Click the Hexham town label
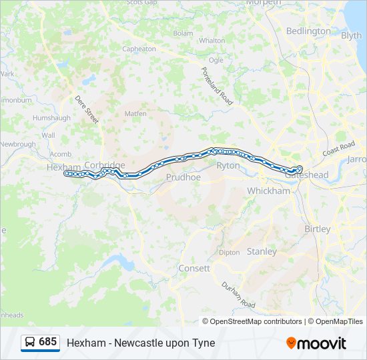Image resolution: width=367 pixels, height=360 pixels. [x=63, y=167]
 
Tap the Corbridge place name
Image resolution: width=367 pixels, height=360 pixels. [x=105, y=165]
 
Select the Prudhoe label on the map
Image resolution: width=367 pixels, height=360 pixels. [x=183, y=177]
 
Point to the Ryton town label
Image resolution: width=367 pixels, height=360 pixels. [x=228, y=165]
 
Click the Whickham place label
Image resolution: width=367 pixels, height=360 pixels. [x=269, y=191]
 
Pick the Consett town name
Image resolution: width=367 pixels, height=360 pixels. [x=194, y=268]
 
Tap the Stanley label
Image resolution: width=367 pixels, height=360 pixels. [x=262, y=251]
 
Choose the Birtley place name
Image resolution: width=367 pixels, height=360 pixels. [x=318, y=229]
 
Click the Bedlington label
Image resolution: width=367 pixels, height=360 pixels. [x=308, y=31]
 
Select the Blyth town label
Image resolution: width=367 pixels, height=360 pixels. [x=351, y=36]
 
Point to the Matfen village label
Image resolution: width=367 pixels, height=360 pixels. [x=135, y=114]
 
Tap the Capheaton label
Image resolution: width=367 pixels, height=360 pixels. [x=139, y=49]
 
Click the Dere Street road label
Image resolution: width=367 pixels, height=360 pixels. [x=87, y=109]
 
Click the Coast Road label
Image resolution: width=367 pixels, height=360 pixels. [x=338, y=149]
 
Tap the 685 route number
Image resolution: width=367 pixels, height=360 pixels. [x=48, y=341]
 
